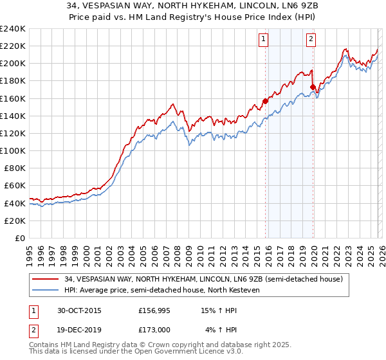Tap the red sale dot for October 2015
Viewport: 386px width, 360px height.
[265, 100]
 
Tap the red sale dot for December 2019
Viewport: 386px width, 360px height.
[313, 87]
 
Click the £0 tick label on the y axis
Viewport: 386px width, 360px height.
[20, 238]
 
